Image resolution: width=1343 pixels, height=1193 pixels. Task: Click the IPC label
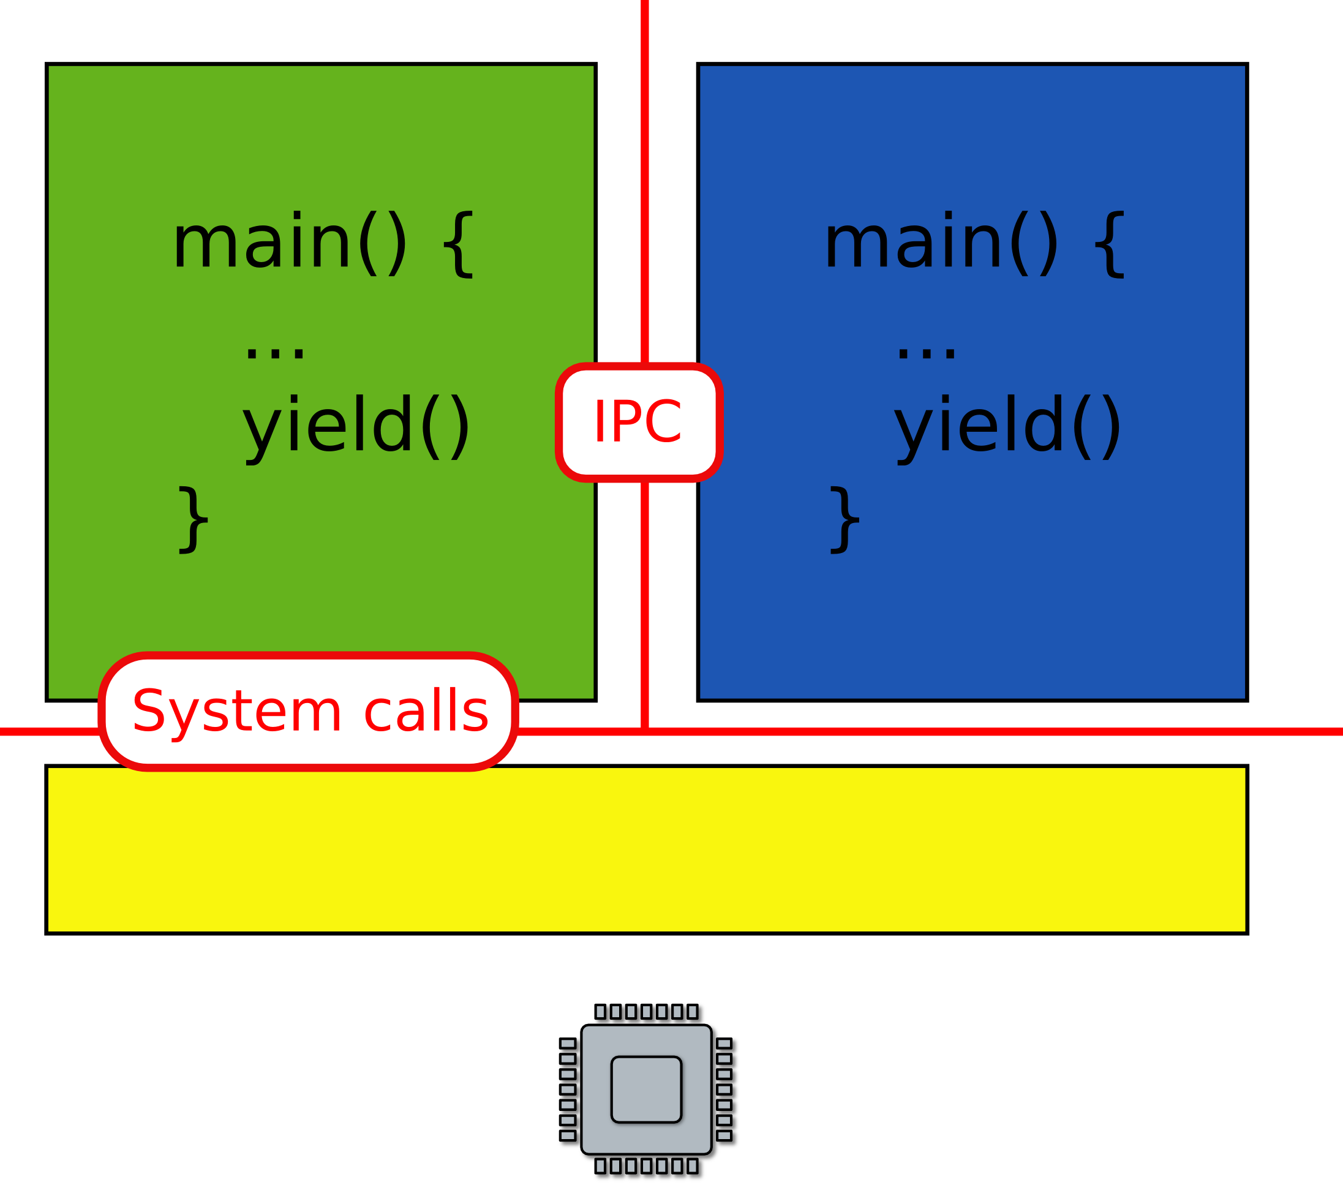[x=639, y=422]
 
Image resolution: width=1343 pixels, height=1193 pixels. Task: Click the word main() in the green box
[x=290, y=243]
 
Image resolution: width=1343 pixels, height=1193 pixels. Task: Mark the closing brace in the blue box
[x=845, y=521]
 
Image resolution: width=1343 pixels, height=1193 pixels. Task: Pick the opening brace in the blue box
[x=1110, y=244]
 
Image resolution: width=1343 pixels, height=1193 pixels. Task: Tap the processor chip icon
[x=648, y=1091]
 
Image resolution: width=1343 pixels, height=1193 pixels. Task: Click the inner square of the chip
[x=647, y=1090]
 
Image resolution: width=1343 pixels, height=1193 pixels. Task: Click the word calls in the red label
[x=426, y=712]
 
